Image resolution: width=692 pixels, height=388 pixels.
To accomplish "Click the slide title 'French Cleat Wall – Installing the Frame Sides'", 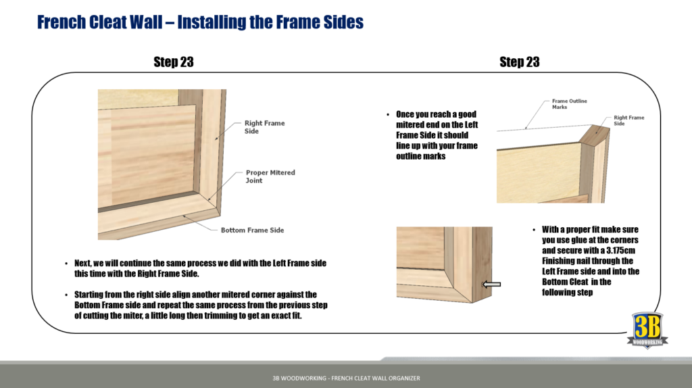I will pos(200,22).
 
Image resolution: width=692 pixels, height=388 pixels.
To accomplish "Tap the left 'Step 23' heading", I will pos(174,62).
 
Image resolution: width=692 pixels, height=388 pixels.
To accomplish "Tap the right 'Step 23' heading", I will pos(519,62).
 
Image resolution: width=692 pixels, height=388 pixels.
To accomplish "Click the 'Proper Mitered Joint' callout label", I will pos(270,176).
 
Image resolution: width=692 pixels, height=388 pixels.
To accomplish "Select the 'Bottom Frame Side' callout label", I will pos(252,231).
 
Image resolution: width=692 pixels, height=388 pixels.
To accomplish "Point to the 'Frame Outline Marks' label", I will pos(569,104).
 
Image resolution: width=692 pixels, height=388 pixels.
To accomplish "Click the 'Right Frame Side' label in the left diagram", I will pos(264,127).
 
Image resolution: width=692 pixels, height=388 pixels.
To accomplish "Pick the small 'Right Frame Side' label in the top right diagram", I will pos(628,120).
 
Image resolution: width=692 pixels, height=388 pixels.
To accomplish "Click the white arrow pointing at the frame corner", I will pos(492,285).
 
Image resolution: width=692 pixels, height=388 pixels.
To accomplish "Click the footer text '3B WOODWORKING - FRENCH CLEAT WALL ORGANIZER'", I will pos(341,378).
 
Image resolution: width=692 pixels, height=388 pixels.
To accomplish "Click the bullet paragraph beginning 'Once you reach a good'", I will pos(437,135).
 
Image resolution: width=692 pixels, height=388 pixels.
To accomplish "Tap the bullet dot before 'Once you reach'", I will pos(387,115).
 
